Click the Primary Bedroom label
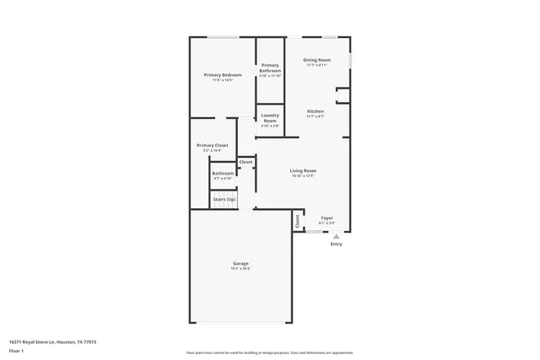[223, 75]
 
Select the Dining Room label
[317, 60]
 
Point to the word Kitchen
[316, 111]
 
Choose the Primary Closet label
[213, 145]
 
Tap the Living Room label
[303, 170]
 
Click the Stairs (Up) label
[224, 200]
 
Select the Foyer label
[327, 218]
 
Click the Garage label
[240, 264]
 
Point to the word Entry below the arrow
[337, 244]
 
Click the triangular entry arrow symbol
[337, 237]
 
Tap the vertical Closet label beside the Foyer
[297, 220]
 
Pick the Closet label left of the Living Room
[246, 162]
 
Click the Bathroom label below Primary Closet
[224, 173]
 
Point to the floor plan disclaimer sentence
[269, 352]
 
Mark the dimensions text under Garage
[240, 269]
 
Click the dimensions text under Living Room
[303, 175]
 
